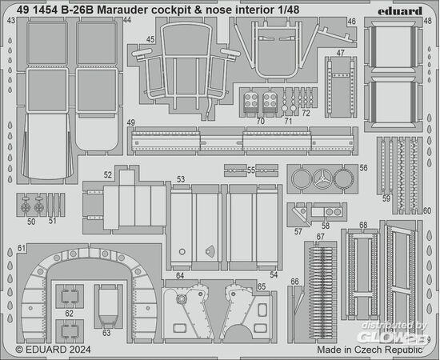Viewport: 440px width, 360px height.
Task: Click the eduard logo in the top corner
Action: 399,11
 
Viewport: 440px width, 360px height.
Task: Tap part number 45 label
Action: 150,39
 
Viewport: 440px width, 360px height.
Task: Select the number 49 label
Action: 130,122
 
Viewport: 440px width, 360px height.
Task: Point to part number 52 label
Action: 108,175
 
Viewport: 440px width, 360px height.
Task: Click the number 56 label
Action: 363,168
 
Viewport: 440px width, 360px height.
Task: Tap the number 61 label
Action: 22,248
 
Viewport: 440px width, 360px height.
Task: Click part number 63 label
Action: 106,333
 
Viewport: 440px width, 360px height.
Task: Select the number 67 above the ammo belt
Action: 320,237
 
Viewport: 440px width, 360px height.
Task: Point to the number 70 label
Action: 261,122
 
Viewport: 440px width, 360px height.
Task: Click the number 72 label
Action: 306,113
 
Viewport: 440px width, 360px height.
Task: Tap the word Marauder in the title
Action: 122,10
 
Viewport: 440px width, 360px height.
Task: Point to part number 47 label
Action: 340,53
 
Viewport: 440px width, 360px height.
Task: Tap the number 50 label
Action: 31,222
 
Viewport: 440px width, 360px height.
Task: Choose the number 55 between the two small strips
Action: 251,170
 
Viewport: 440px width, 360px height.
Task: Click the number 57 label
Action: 298,231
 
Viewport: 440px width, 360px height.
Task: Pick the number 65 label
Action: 262,286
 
